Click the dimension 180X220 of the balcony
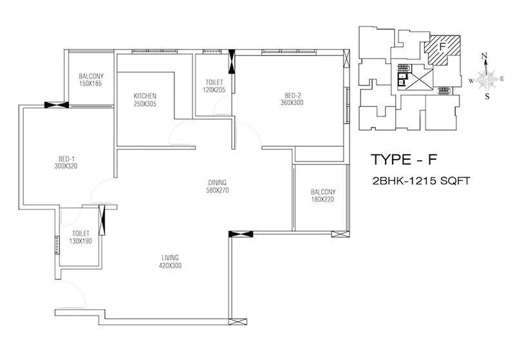pyautogui.click(x=323, y=200)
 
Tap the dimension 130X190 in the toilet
pyautogui.click(x=81, y=242)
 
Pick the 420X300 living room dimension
pyautogui.click(x=170, y=266)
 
